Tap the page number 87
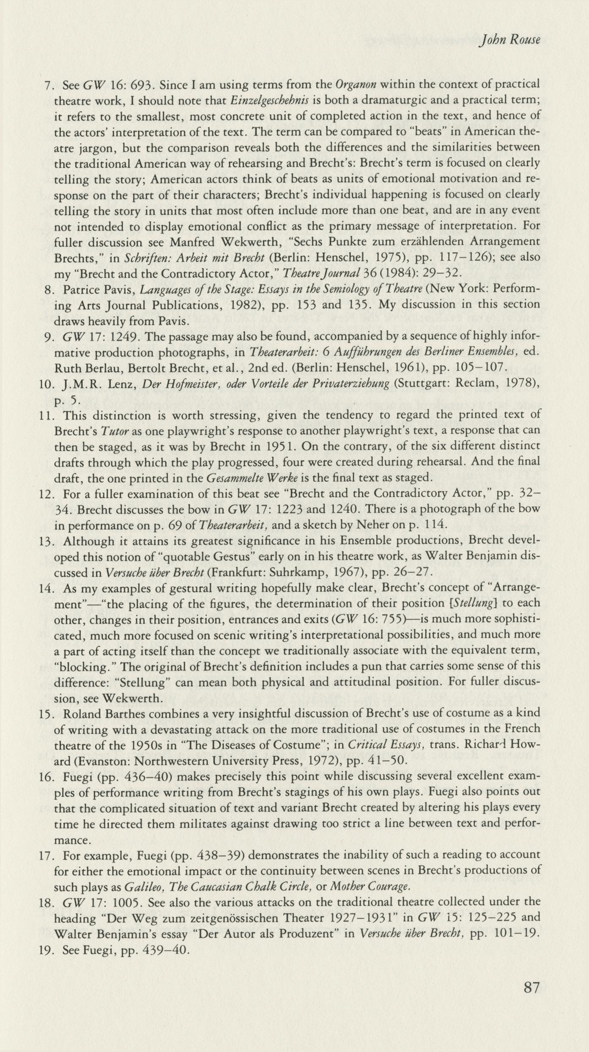click(x=531, y=988)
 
